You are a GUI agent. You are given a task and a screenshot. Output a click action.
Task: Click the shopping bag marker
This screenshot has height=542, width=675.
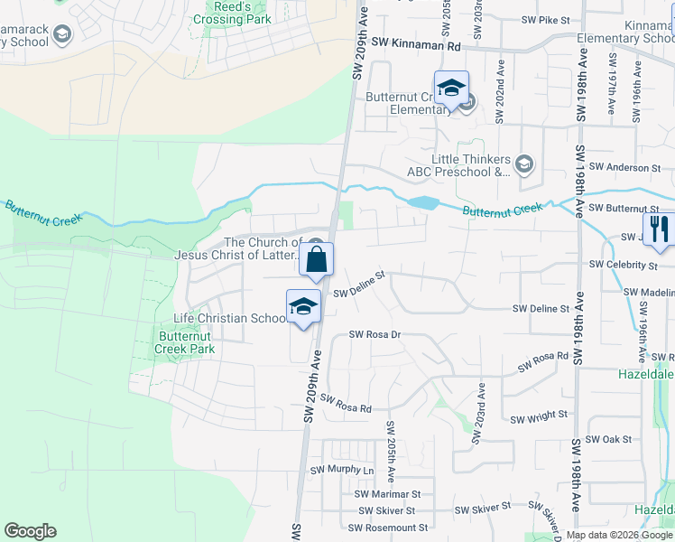click(316, 261)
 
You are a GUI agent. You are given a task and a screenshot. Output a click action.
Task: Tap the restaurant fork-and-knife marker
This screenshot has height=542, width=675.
click(658, 230)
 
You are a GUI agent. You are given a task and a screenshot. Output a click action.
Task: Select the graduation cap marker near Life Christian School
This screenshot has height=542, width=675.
click(304, 308)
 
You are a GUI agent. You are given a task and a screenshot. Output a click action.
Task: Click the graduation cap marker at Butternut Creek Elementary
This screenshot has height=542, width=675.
click(451, 89)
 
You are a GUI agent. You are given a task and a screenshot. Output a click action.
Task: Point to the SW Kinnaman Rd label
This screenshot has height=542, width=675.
click(416, 42)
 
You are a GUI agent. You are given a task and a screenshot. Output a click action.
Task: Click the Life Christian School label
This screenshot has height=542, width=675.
click(230, 319)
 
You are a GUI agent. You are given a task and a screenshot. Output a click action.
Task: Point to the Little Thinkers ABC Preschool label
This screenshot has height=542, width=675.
click(471, 165)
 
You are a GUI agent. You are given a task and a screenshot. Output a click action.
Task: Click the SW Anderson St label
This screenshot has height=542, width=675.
click(624, 167)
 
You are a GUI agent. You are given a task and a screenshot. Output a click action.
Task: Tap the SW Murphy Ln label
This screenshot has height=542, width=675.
click(342, 471)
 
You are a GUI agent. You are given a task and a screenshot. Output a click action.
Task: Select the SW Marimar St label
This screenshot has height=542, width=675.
click(388, 494)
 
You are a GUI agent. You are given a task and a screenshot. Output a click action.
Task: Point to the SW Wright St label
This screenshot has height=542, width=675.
click(539, 418)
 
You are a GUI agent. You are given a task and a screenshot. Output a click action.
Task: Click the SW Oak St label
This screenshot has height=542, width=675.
click(608, 439)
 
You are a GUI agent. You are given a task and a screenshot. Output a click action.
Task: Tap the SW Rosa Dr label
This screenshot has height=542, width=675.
click(374, 335)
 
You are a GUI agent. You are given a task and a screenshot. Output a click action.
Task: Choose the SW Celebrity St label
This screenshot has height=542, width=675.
click(623, 266)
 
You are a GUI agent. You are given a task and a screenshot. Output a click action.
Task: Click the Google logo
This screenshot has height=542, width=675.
click(30, 531)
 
